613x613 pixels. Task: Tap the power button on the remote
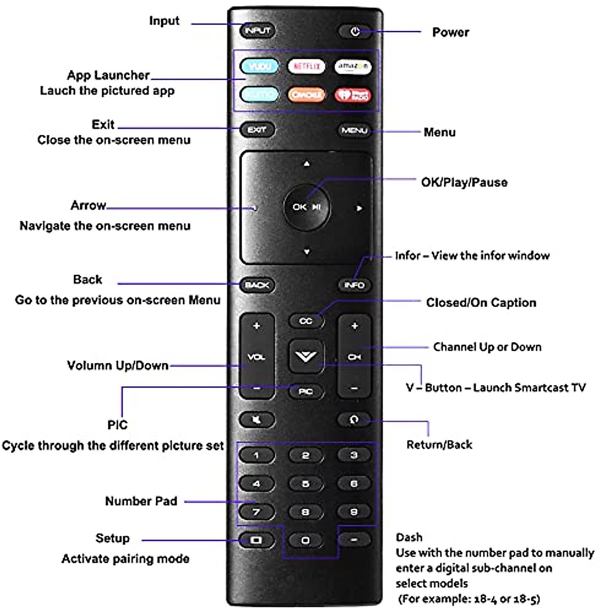coord(355,31)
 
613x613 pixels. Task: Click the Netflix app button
coord(306,67)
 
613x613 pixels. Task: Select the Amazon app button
coord(353,67)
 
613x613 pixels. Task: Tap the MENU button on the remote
coord(354,130)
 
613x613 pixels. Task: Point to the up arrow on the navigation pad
coord(306,164)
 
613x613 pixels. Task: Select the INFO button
coord(354,285)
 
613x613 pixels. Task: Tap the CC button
coord(305,321)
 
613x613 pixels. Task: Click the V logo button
coord(306,356)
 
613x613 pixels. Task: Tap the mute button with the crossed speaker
coord(257,420)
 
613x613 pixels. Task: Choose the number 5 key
coord(305,483)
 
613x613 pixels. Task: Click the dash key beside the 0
coord(354,539)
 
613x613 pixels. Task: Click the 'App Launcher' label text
coord(108,76)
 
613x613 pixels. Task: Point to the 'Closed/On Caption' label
coord(481,303)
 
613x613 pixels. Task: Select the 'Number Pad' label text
coord(141,501)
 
